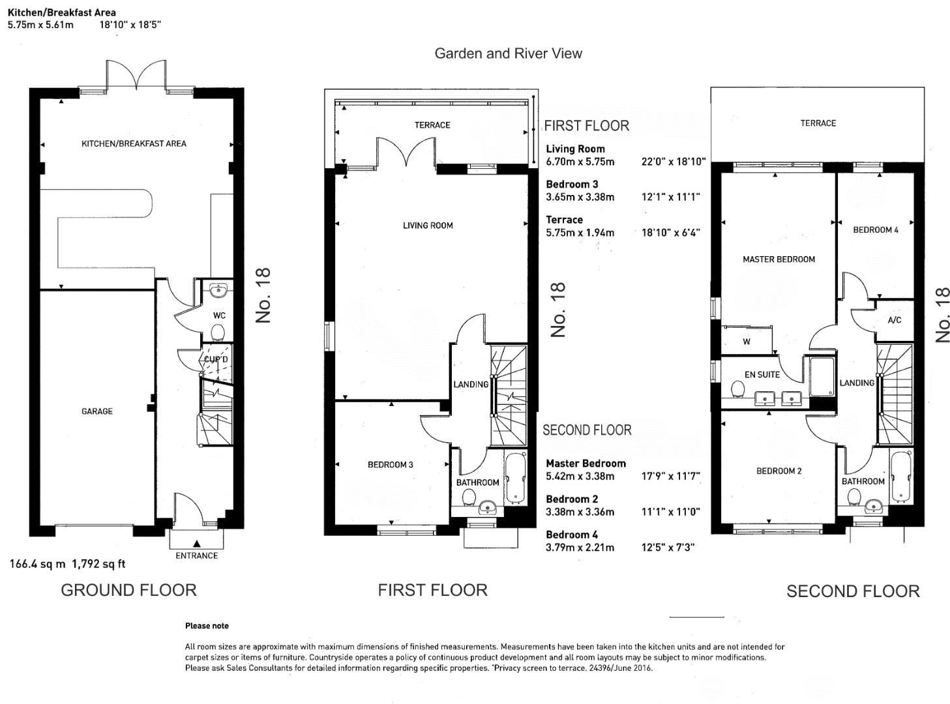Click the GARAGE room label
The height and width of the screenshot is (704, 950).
click(x=96, y=411)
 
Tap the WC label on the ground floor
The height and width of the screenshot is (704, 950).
click(x=219, y=315)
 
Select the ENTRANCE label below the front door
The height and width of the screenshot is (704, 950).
click(x=196, y=556)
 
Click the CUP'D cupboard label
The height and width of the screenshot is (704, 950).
click(x=216, y=360)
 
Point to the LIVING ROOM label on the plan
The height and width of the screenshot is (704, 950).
click(x=428, y=226)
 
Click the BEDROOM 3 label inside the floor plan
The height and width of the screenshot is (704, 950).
click(x=390, y=465)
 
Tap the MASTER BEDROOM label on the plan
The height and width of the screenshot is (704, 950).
click(x=779, y=259)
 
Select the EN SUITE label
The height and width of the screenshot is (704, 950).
click(x=762, y=375)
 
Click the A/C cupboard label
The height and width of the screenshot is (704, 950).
click(x=894, y=320)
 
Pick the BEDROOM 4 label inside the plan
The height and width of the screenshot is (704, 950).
click(x=875, y=230)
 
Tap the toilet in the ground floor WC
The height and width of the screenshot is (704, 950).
click(x=218, y=334)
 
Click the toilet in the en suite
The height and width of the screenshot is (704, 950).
click(x=738, y=390)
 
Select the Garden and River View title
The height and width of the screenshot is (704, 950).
click(x=508, y=53)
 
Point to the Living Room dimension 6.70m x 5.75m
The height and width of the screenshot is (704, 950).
click(x=580, y=162)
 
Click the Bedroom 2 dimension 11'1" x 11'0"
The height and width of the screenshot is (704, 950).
click(x=670, y=512)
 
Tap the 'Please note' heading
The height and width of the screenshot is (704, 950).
click(x=207, y=626)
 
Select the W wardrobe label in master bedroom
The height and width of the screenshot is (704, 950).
click(x=747, y=342)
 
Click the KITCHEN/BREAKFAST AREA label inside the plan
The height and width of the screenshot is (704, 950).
click(x=134, y=143)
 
